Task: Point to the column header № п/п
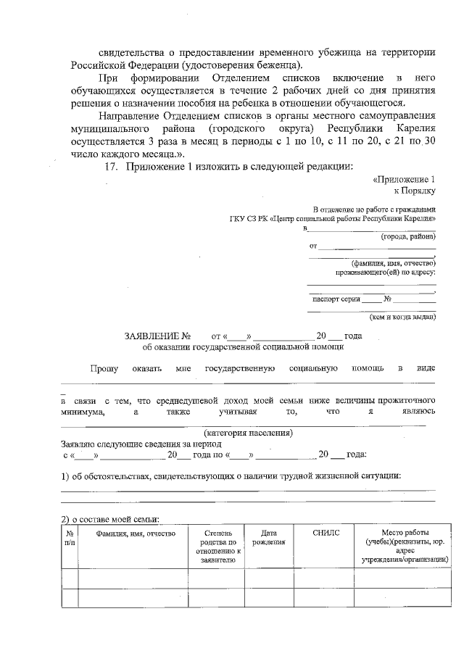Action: (x=70, y=537)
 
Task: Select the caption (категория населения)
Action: (x=248, y=433)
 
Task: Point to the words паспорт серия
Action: (x=336, y=299)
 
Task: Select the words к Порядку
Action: (x=414, y=191)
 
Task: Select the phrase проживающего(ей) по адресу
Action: (x=384, y=273)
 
